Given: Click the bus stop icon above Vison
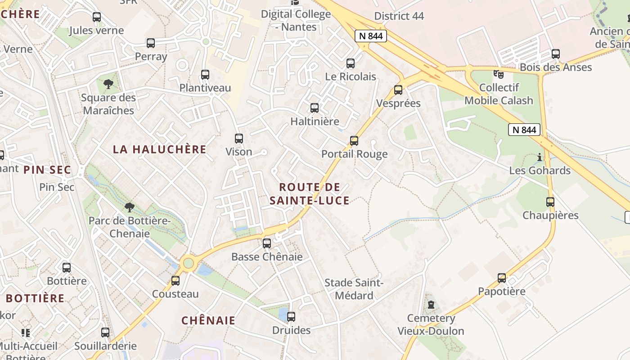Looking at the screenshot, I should [x=239, y=139].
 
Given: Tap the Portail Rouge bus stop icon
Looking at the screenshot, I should [x=354, y=141].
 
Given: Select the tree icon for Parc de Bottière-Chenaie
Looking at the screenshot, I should [x=130, y=207].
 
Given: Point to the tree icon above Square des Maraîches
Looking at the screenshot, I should [x=108, y=84].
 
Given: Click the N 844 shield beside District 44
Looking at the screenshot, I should [x=371, y=36].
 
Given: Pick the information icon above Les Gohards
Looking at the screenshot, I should [x=540, y=157].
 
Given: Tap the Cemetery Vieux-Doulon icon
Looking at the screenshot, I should [x=431, y=305].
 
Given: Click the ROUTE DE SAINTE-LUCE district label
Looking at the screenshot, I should [x=310, y=194].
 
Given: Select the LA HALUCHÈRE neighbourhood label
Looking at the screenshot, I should [x=159, y=149].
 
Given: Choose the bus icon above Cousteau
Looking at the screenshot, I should [x=175, y=281].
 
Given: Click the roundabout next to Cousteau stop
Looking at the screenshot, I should [x=188, y=262].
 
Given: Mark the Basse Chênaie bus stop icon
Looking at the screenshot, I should [x=267, y=243].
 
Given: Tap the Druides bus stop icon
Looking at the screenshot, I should [x=291, y=317].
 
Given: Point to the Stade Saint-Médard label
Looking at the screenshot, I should [x=354, y=289].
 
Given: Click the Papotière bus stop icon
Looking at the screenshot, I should [x=502, y=278].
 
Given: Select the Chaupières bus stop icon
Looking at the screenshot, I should [x=550, y=202].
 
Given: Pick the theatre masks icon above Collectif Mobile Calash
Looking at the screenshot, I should [x=498, y=73].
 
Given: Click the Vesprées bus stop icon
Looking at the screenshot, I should [x=398, y=90].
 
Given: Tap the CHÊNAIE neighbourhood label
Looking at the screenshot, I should [x=208, y=320].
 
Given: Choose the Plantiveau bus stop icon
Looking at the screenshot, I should [x=205, y=75].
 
